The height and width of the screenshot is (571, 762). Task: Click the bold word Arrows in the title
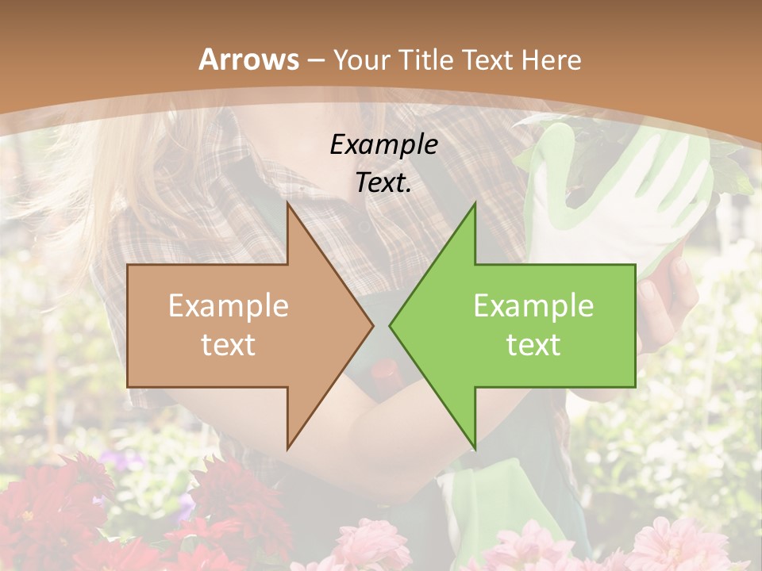248,59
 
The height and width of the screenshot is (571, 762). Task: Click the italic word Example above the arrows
383,144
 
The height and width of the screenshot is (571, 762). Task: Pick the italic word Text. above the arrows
383,182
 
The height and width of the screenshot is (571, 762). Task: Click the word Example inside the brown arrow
229,306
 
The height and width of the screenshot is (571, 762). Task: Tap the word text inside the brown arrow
229,344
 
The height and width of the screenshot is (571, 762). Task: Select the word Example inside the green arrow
533,306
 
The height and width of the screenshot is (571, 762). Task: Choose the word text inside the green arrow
533,344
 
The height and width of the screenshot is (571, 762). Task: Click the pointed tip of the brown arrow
372,325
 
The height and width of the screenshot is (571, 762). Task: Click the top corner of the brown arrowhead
288,205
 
